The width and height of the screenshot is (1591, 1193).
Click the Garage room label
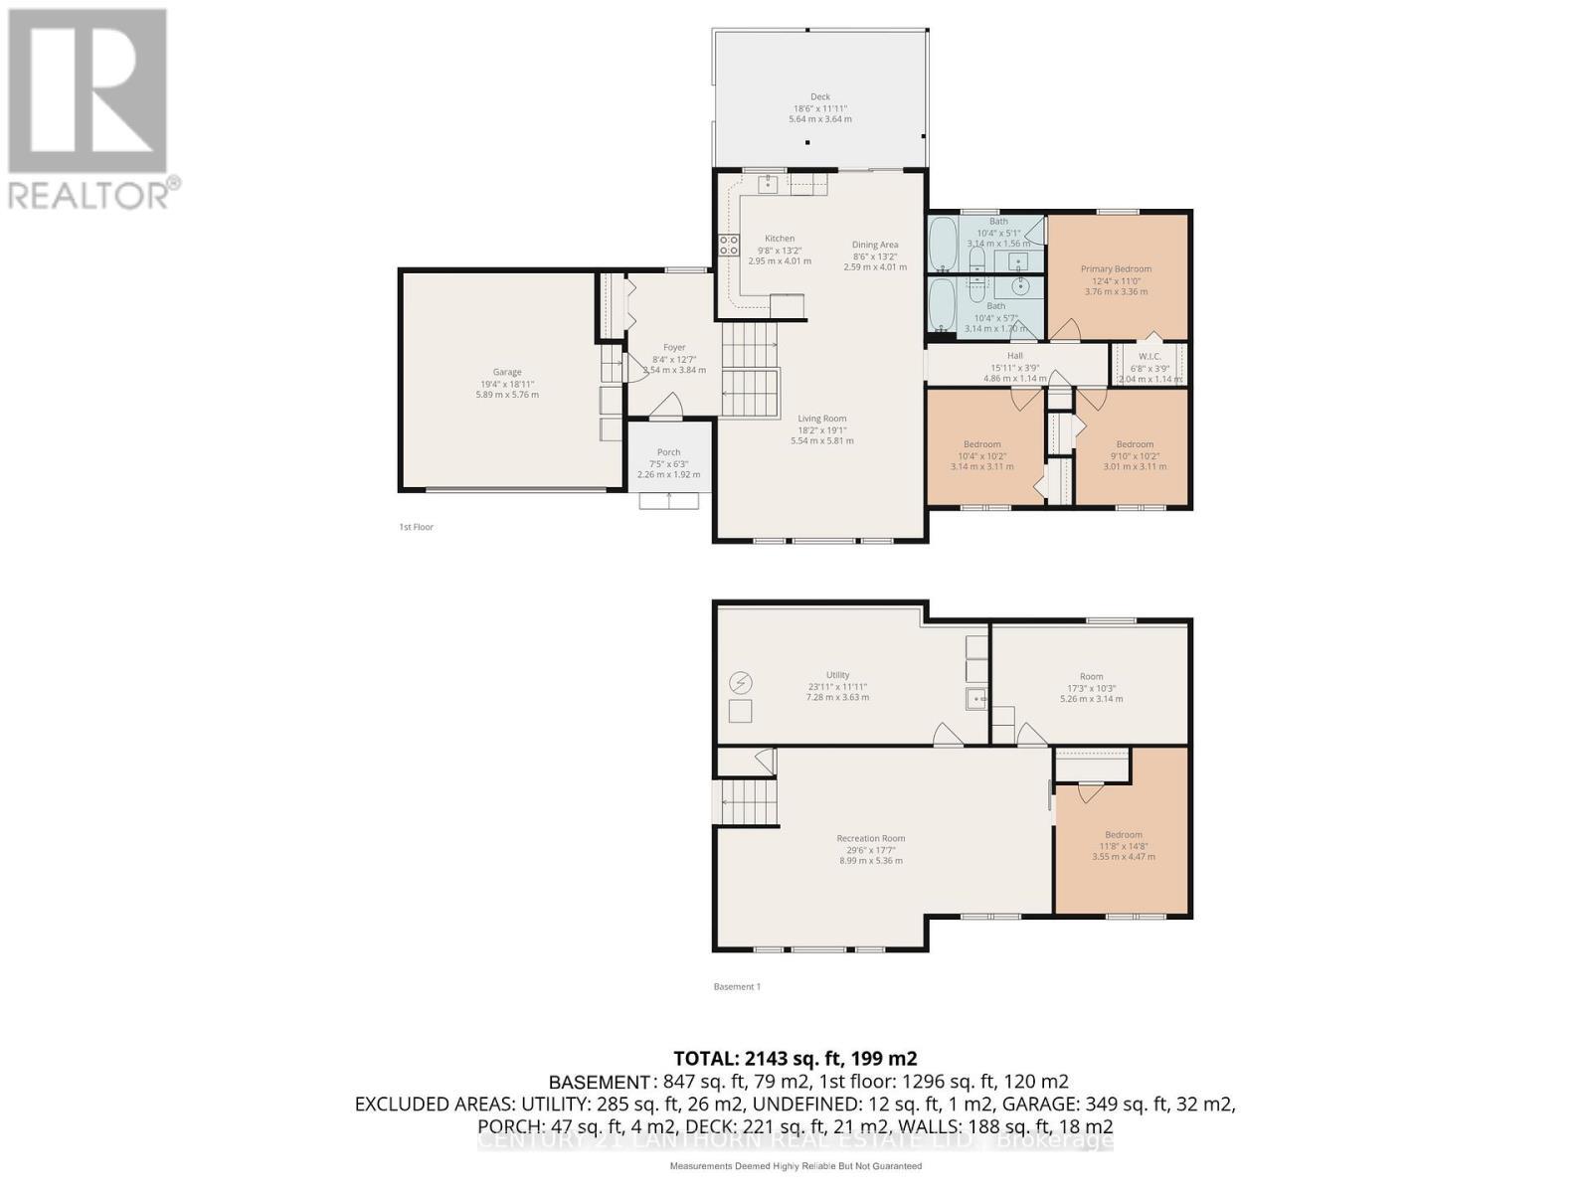tap(507, 372)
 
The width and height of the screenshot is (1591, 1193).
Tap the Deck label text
tap(819, 97)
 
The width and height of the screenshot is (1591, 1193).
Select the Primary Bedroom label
tap(1116, 268)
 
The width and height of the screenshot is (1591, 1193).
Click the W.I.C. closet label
tap(1149, 356)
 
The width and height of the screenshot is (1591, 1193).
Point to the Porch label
tap(668, 452)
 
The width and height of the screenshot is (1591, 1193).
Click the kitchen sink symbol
tap(768, 184)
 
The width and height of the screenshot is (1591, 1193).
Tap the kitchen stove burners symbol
tap(729, 245)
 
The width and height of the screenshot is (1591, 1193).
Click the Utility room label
tap(837, 675)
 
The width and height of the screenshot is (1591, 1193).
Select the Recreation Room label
tap(870, 838)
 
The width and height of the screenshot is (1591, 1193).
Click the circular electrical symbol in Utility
tap(741, 682)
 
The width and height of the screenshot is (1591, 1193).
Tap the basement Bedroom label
tap(1123, 835)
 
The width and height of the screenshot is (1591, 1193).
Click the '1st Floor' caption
tap(416, 527)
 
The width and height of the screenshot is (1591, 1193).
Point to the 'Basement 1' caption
tap(737, 986)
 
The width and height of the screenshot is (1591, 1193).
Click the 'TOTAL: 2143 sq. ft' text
tap(795, 1058)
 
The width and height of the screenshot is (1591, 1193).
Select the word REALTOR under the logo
tap(89, 194)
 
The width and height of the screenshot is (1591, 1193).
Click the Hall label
tap(1014, 355)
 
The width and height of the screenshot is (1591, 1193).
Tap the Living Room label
tap(821, 419)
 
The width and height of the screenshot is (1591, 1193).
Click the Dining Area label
tap(875, 245)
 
